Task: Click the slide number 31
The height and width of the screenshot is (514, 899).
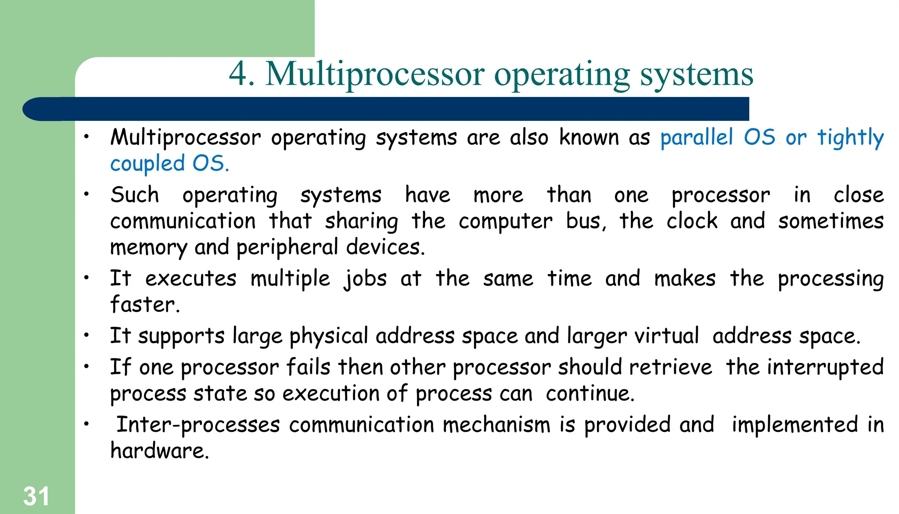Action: pyautogui.click(x=36, y=496)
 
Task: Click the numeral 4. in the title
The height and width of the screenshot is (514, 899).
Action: pyautogui.click(x=241, y=74)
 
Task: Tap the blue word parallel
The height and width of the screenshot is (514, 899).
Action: pyautogui.click(x=697, y=138)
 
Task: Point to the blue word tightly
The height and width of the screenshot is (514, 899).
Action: pyautogui.click(x=850, y=138)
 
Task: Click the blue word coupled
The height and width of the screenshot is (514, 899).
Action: pyautogui.click(x=147, y=164)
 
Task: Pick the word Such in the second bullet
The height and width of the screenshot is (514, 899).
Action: pyautogui.click(x=134, y=195)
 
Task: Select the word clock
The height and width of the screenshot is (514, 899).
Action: pyautogui.click(x=692, y=221)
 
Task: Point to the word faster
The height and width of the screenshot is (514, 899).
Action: pyautogui.click(x=144, y=304)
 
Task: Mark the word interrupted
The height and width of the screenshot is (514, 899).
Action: pyautogui.click(x=825, y=367)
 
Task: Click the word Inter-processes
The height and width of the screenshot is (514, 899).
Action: pyautogui.click(x=198, y=425)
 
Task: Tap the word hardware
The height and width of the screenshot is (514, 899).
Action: pyautogui.click(x=159, y=451)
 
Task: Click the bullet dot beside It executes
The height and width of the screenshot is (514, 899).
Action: pyautogui.click(x=87, y=278)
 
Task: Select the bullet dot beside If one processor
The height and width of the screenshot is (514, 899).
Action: pyautogui.click(x=87, y=366)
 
